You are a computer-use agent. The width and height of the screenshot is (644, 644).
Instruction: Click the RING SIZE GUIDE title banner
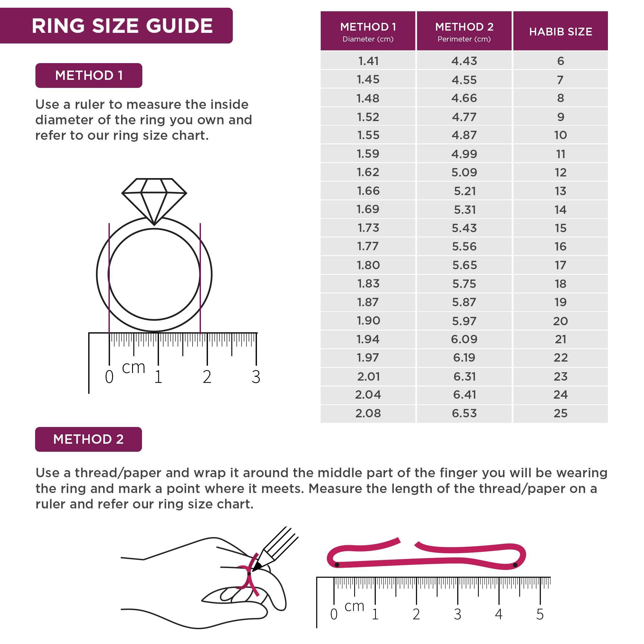122,26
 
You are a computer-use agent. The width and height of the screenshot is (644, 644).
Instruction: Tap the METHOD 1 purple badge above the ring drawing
89,75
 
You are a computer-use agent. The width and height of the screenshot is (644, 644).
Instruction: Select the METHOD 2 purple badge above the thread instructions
88,439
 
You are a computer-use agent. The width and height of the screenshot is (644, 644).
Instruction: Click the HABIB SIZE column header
560,31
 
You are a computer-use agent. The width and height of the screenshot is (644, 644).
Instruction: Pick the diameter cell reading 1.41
368,61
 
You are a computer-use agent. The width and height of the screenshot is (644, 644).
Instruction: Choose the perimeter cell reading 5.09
464,172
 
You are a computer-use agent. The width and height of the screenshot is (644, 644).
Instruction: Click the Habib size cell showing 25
560,413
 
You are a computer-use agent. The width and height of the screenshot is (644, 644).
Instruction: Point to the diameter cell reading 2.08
368,413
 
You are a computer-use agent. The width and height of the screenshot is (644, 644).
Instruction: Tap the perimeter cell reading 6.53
464,413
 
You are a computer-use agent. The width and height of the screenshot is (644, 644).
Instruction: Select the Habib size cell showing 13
560,191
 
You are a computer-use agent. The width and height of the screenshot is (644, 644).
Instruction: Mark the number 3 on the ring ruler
256,377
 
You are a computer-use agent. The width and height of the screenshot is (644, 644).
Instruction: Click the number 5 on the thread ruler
540,614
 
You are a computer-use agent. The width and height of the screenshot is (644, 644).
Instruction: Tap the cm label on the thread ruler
354,606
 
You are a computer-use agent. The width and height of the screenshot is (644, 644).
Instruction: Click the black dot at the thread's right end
515,565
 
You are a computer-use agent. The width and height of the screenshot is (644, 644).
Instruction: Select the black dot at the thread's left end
337,565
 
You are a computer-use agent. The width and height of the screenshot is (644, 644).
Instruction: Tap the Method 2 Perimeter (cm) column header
464,31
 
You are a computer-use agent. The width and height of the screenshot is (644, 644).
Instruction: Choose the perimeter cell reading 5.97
464,321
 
